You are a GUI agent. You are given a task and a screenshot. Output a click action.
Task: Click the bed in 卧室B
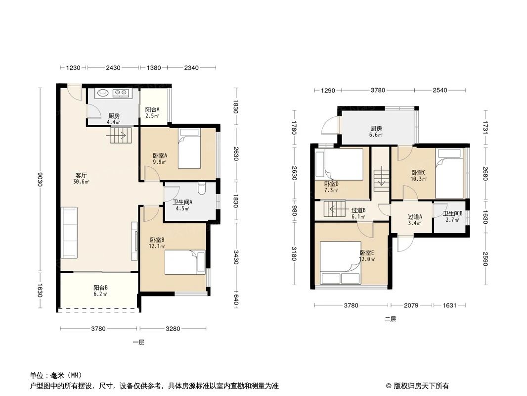click(184, 262)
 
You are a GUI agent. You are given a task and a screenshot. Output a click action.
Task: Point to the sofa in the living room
click(69, 232)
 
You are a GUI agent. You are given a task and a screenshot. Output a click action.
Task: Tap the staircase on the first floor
click(120, 135)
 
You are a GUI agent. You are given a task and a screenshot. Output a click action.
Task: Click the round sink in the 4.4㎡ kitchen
click(103, 93)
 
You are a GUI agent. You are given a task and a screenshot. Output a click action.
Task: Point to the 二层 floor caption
click(391, 319)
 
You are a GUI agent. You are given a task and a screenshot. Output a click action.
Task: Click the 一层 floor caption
click(138, 342)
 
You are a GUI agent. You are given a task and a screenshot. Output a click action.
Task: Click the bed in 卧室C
click(449, 173)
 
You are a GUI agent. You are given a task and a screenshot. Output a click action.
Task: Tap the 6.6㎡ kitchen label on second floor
click(377, 131)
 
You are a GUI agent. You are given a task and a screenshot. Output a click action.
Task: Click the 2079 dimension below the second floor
click(411, 305)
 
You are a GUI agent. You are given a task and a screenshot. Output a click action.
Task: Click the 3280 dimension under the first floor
click(173, 328)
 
